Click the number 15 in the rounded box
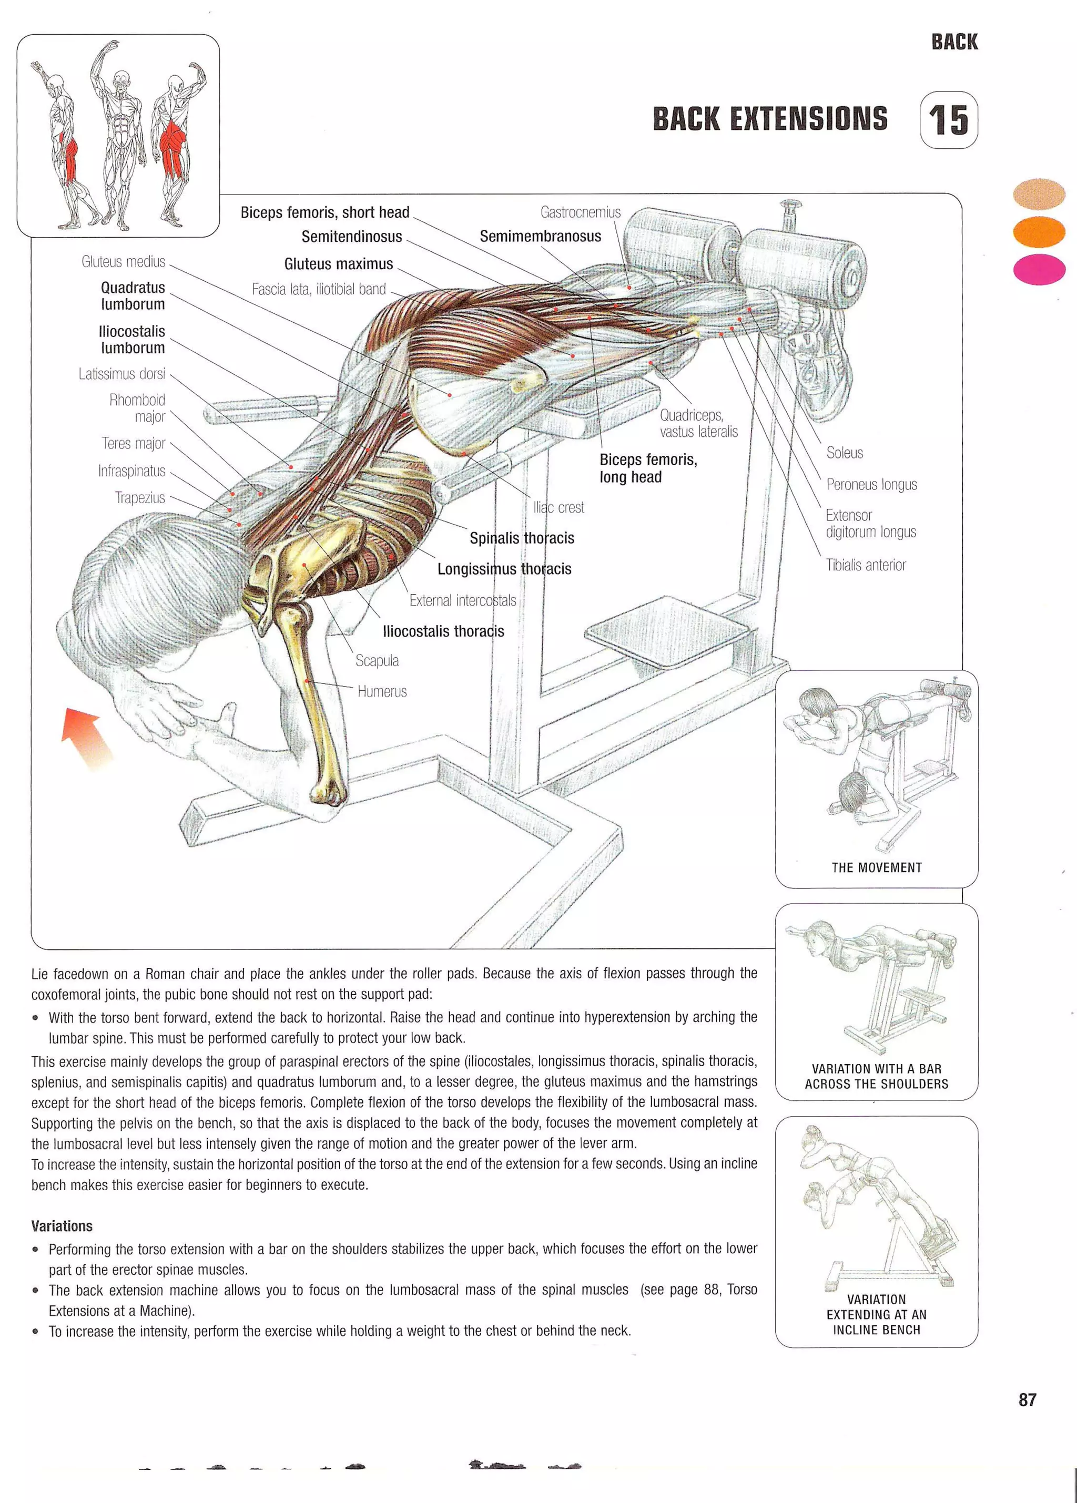[x=949, y=120]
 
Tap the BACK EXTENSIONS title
[x=769, y=119]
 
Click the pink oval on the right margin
[x=1039, y=269]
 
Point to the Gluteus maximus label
[x=338, y=264]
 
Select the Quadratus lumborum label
[x=133, y=295]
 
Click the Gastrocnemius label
[x=580, y=212]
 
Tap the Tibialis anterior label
[x=865, y=565]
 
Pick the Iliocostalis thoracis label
[x=443, y=631]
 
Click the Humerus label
[x=382, y=691]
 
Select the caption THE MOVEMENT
[x=876, y=867]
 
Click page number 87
[x=1027, y=1399]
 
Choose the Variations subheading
[x=62, y=1225]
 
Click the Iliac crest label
[x=558, y=508]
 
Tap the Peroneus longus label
[x=871, y=484]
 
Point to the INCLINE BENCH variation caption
[x=876, y=1314]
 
